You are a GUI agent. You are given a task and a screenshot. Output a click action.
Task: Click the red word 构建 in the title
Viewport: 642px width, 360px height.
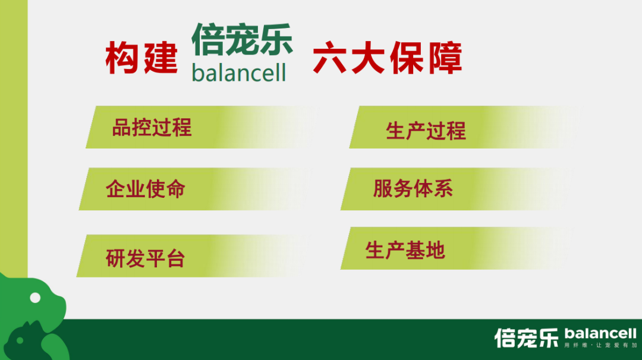tap(141, 58)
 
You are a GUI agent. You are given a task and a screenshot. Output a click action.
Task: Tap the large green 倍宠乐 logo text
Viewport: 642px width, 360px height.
tap(243, 39)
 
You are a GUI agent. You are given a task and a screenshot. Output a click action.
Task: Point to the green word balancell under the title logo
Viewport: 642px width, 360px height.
tap(239, 73)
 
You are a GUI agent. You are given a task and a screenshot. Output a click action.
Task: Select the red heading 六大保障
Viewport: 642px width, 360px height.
tap(388, 58)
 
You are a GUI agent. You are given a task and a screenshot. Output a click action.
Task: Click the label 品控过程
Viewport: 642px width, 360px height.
tap(152, 127)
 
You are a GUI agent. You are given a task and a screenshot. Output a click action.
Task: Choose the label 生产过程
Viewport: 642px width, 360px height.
tap(426, 131)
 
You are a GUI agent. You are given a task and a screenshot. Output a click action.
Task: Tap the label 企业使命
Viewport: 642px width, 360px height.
tap(146, 188)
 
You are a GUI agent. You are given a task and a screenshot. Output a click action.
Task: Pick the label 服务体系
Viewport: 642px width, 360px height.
tap(413, 188)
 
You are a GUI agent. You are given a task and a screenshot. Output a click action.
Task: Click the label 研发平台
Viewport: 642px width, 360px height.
tap(146, 258)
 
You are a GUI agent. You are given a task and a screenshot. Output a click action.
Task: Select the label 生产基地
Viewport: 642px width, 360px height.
tap(405, 250)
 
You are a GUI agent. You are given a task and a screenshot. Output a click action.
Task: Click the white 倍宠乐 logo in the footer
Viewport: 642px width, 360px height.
tap(527, 338)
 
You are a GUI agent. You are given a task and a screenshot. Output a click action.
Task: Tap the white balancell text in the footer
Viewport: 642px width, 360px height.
tap(600, 334)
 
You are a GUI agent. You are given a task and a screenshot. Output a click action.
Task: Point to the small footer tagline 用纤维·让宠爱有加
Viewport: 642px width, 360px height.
tap(600, 345)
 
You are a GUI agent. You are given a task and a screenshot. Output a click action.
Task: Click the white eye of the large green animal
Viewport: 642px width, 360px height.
tap(35, 298)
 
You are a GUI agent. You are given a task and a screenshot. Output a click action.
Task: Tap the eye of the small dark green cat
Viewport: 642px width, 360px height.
tap(20, 340)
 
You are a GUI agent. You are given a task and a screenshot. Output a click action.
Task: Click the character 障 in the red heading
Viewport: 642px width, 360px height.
tap(445, 58)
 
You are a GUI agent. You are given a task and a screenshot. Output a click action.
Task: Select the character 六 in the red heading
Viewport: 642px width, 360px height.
tap(330, 58)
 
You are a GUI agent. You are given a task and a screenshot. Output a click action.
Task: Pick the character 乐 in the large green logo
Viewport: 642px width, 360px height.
tap(276, 39)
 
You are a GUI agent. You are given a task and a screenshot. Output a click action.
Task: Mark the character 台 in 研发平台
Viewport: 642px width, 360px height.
tap(175, 258)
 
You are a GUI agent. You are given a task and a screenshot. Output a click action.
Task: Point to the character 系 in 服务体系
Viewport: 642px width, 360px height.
tap(443, 188)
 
